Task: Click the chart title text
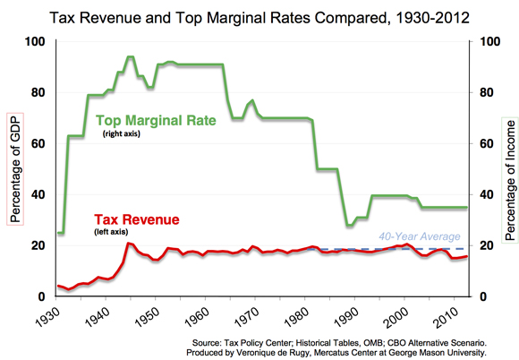click(259, 16)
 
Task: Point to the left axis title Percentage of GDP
click(14, 169)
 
